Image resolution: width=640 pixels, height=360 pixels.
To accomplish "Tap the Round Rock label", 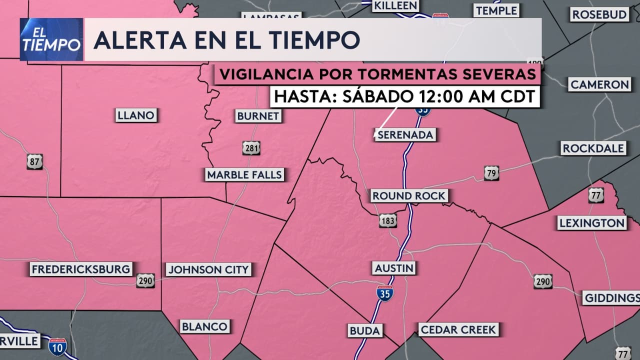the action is (x=408, y=196).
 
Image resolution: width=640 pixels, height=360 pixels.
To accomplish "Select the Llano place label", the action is (x=136, y=115).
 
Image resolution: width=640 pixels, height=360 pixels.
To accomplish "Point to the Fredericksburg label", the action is (x=81, y=269).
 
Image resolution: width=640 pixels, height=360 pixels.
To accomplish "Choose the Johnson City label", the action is (x=208, y=270).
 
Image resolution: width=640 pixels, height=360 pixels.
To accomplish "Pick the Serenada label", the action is (x=405, y=135).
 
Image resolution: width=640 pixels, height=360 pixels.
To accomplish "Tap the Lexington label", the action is (x=592, y=223).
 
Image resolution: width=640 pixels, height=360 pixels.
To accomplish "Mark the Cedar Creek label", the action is (x=458, y=329).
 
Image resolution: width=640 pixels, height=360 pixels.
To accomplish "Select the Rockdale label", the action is (x=593, y=148).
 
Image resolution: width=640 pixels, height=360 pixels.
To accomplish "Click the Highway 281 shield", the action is (x=251, y=148).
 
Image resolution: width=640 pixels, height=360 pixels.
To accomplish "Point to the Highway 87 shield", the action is (x=34, y=161).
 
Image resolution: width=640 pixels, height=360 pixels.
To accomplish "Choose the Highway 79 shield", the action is (x=491, y=173).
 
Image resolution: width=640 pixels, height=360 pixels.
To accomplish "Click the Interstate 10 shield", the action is (x=58, y=347).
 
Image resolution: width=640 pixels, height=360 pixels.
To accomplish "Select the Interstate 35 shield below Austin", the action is (x=384, y=293).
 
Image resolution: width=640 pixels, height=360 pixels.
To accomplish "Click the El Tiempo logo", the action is (x=51, y=39).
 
